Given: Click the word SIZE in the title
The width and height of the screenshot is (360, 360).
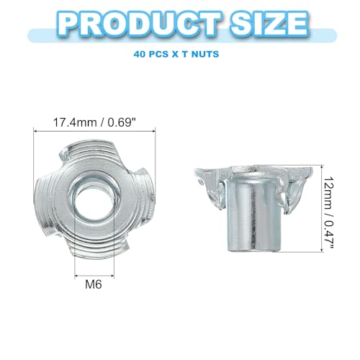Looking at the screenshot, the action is coord(269,24).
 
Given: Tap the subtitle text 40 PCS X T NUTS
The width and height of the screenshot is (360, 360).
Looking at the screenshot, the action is coord(176,54).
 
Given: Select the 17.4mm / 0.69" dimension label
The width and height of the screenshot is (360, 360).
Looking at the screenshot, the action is coord(96,122).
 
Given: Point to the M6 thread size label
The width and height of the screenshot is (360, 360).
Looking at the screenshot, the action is coord(94,284).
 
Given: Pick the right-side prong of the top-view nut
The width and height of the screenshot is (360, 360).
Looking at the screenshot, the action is coord(146,185).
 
